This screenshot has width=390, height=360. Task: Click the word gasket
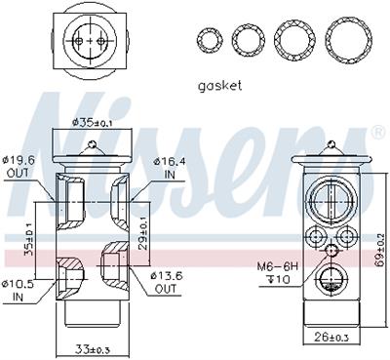220,86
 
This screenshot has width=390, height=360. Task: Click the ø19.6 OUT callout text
19,166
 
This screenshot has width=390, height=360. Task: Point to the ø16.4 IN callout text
170,168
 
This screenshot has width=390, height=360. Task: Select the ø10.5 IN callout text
19,291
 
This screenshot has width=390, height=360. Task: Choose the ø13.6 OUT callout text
167,282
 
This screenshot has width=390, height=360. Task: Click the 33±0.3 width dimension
93,349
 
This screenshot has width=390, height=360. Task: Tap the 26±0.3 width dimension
331,338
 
